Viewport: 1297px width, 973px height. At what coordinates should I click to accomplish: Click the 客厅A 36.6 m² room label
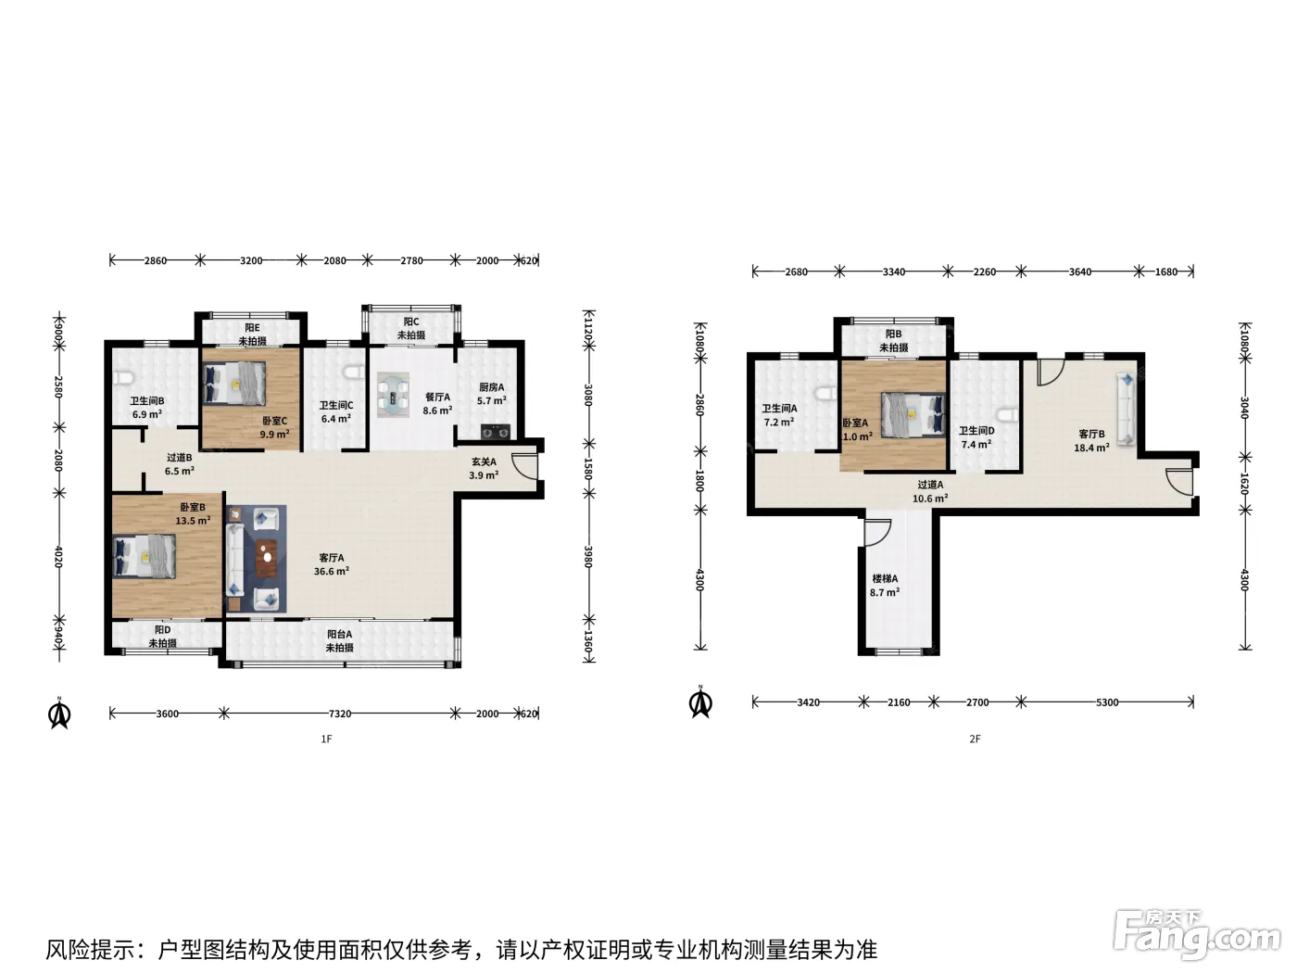pos(332,564)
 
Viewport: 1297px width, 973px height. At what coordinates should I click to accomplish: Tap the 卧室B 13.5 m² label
pos(194,514)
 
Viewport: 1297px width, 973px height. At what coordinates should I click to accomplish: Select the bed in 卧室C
pos(234,383)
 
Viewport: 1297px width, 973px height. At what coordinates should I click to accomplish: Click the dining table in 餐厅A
pos(393,394)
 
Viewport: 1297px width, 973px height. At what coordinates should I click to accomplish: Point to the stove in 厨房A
pos(495,433)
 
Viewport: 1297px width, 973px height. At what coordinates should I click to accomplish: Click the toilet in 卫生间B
pos(121,377)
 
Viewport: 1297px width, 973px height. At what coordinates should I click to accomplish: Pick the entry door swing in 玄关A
pos(524,466)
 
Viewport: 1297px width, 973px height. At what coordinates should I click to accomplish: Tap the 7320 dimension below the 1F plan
pos(340,714)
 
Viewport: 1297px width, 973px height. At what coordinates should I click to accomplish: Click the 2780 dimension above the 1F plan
pos(411,260)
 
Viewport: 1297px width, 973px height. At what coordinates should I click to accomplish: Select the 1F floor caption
pos(326,739)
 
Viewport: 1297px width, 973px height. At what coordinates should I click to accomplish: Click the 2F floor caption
pos(975,739)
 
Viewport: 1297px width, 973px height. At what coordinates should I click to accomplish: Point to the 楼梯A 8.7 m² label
pos(885,586)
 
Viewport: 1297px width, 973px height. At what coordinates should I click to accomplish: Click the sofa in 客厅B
pos(1126,409)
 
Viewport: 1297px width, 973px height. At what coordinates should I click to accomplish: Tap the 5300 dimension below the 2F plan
pos(1107,702)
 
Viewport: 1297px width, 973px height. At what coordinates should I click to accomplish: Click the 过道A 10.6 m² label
pos(930,491)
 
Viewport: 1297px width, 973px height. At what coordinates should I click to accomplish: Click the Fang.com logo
pos(1197,937)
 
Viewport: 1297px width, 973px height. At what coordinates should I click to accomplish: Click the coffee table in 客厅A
pos(267,558)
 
